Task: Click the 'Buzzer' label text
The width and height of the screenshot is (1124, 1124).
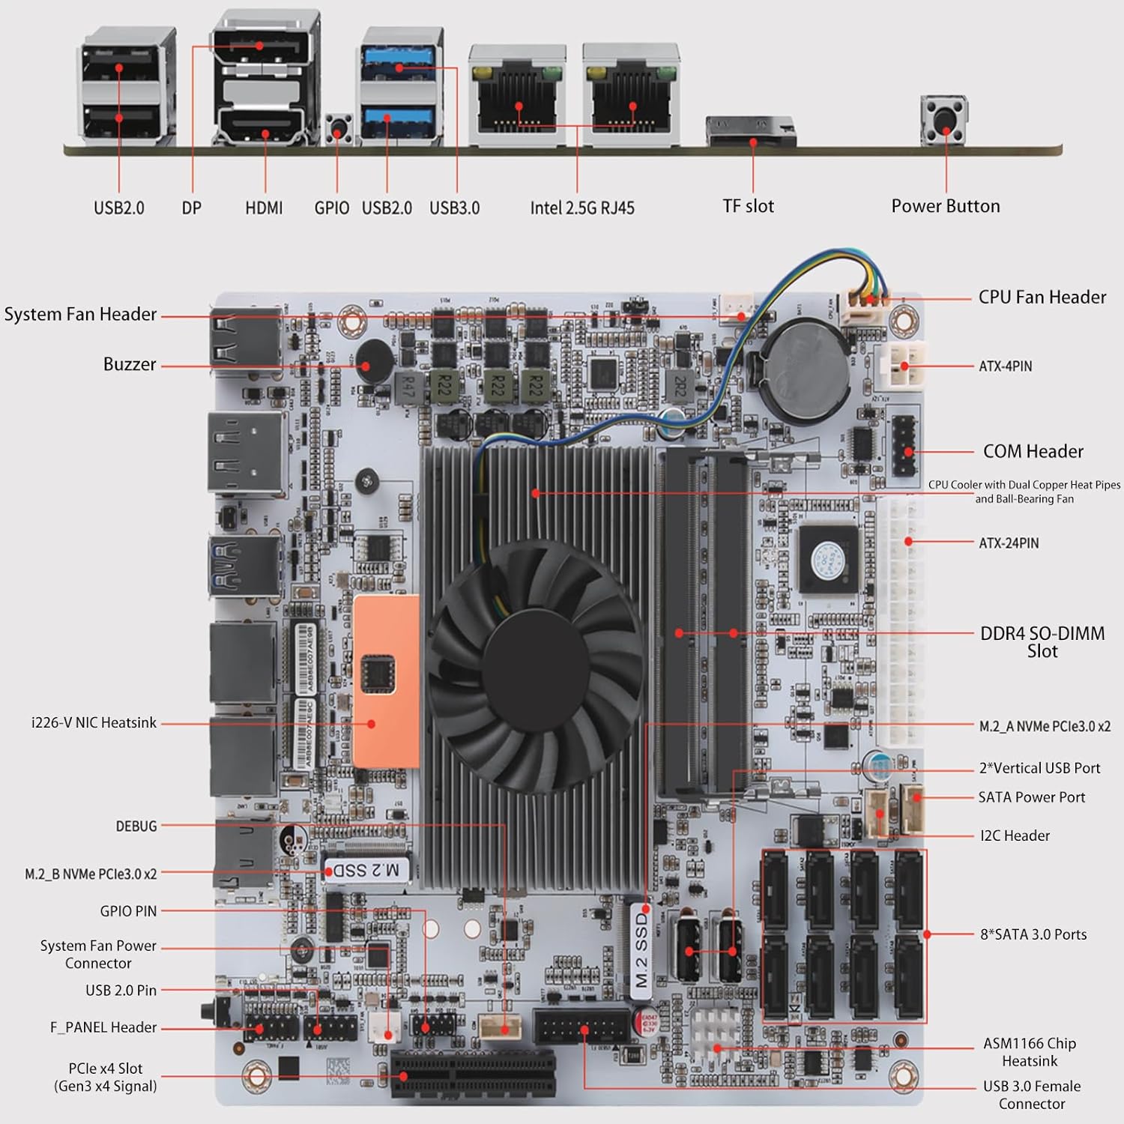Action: (130, 364)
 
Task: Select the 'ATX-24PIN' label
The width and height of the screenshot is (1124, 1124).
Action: (1009, 543)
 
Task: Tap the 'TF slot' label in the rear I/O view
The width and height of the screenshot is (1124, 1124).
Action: (748, 206)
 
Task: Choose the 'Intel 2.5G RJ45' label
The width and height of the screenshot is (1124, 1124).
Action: (582, 208)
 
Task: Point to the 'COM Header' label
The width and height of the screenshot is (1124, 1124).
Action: (1033, 451)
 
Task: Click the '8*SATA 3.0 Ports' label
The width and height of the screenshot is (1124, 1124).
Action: (1033, 934)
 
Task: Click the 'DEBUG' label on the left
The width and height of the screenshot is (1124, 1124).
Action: (136, 826)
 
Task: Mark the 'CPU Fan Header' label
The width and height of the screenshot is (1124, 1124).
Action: (1042, 297)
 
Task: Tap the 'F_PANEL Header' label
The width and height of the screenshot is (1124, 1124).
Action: (103, 1027)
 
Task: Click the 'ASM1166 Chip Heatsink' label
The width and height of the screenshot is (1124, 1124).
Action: (1030, 1052)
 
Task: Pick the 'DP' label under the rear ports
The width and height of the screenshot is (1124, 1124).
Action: (192, 208)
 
